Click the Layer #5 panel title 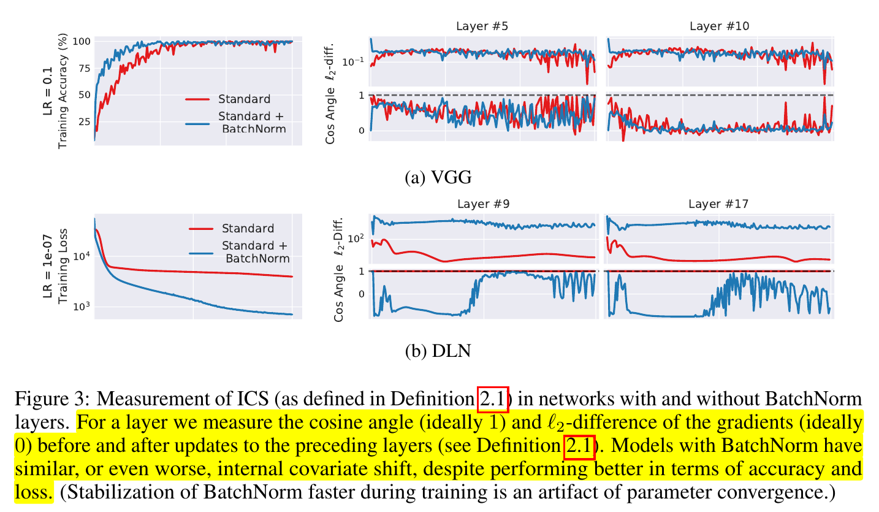(481, 26)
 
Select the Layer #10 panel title (719, 26)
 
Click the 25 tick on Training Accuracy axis (83, 121)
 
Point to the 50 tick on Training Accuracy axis (83, 95)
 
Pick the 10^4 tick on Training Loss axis (82, 256)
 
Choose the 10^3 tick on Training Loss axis (82, 307)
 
